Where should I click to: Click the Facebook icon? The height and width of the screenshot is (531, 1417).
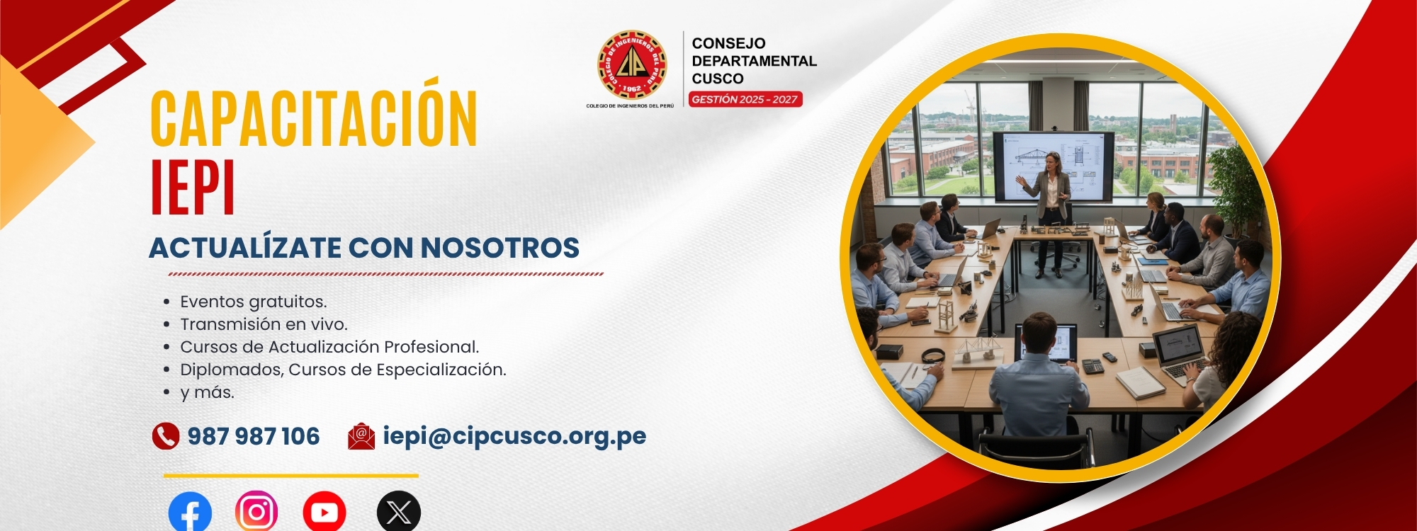coord(190,511)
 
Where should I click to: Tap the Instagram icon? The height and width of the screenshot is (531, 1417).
coord(256,511)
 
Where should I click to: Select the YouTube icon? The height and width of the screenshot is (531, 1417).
coord(324,511)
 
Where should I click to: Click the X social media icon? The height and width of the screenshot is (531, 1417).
coord(399,511)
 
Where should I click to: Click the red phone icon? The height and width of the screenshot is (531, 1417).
coord(166,436)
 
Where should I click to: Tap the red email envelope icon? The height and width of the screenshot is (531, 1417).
coord(361,436)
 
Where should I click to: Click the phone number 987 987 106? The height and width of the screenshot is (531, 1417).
coord(254,436)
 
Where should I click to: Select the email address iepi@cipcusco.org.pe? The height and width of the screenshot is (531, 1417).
coord(514,436)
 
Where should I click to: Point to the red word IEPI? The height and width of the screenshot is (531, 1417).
coord(193,188)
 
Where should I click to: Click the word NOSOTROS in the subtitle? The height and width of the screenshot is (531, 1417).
coord(500,248)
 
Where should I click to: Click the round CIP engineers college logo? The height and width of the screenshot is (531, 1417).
coord(632,64)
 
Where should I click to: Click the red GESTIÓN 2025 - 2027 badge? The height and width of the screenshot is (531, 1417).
coord(745,99)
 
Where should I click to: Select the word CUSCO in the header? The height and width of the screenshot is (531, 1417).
coord(718,79)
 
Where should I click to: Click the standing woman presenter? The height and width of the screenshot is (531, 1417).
coord(1050,212)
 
